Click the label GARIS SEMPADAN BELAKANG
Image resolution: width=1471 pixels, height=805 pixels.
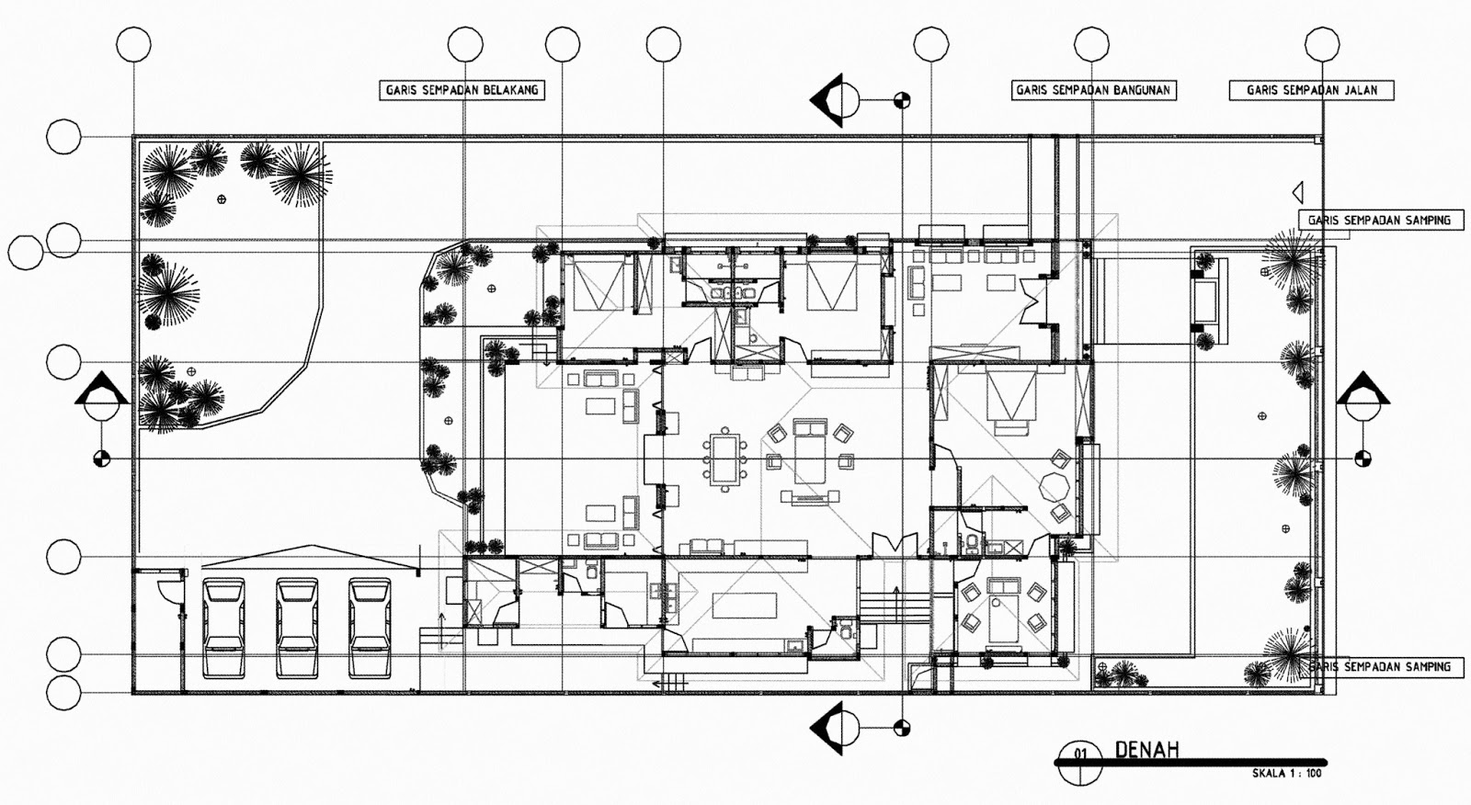click(x=462, y=90)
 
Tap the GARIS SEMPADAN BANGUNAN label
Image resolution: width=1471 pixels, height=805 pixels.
click(x=1093, y=90)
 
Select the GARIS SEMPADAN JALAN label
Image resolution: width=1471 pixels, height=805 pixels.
click(x=1311, y=90)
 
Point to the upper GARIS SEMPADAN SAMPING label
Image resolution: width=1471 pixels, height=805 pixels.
click(x=1381, y=220)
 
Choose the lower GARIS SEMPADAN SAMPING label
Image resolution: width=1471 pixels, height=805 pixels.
click(x=1381, y=667)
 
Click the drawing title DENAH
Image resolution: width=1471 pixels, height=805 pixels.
click(x=1146, y=750)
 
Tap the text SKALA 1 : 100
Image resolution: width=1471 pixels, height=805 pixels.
click(x=1286, y=774)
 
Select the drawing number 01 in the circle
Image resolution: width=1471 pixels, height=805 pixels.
click(x=1081, y=754)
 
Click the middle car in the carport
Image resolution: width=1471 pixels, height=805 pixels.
click(x=297, y=628)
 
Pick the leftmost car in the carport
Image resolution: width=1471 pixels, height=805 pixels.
click(x=223, y=628)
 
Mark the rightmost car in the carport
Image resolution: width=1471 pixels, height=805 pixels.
click(x=370, y=628)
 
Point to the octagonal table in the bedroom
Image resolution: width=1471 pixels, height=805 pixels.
click(x=1054, y=488)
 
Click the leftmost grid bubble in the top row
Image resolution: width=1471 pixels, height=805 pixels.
click(x=133, y=44)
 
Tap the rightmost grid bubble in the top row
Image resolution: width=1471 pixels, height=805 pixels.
click(x=1322, y=44)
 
